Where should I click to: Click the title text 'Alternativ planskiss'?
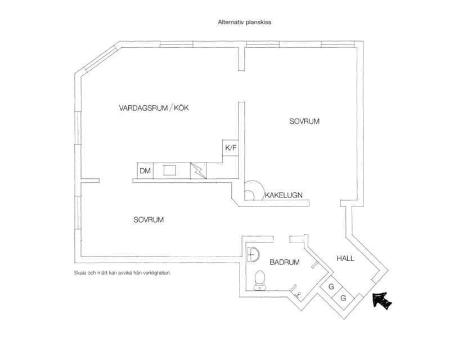(x=245, y=22)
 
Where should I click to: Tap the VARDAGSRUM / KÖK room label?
(x=154, y=108)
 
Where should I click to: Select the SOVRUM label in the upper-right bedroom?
(x=304, y=121)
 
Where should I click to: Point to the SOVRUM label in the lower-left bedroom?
(x=149, y=220)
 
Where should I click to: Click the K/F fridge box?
(x=231, y=148)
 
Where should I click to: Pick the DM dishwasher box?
(x=145, y=170)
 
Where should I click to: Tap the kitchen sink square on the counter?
(x=170, y=170)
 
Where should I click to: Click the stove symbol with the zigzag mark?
(x=198, y=170)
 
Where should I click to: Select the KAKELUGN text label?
(x=284, y=195)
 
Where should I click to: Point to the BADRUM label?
(x=285, y=262)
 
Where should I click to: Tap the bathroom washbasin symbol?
(x=253, y=254)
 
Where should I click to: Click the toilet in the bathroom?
(x=260, y=280)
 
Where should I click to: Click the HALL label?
(x=345, y=258)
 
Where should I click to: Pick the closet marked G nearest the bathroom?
(x=331, y=286)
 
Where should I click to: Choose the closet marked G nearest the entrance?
(x=343, y=298)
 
